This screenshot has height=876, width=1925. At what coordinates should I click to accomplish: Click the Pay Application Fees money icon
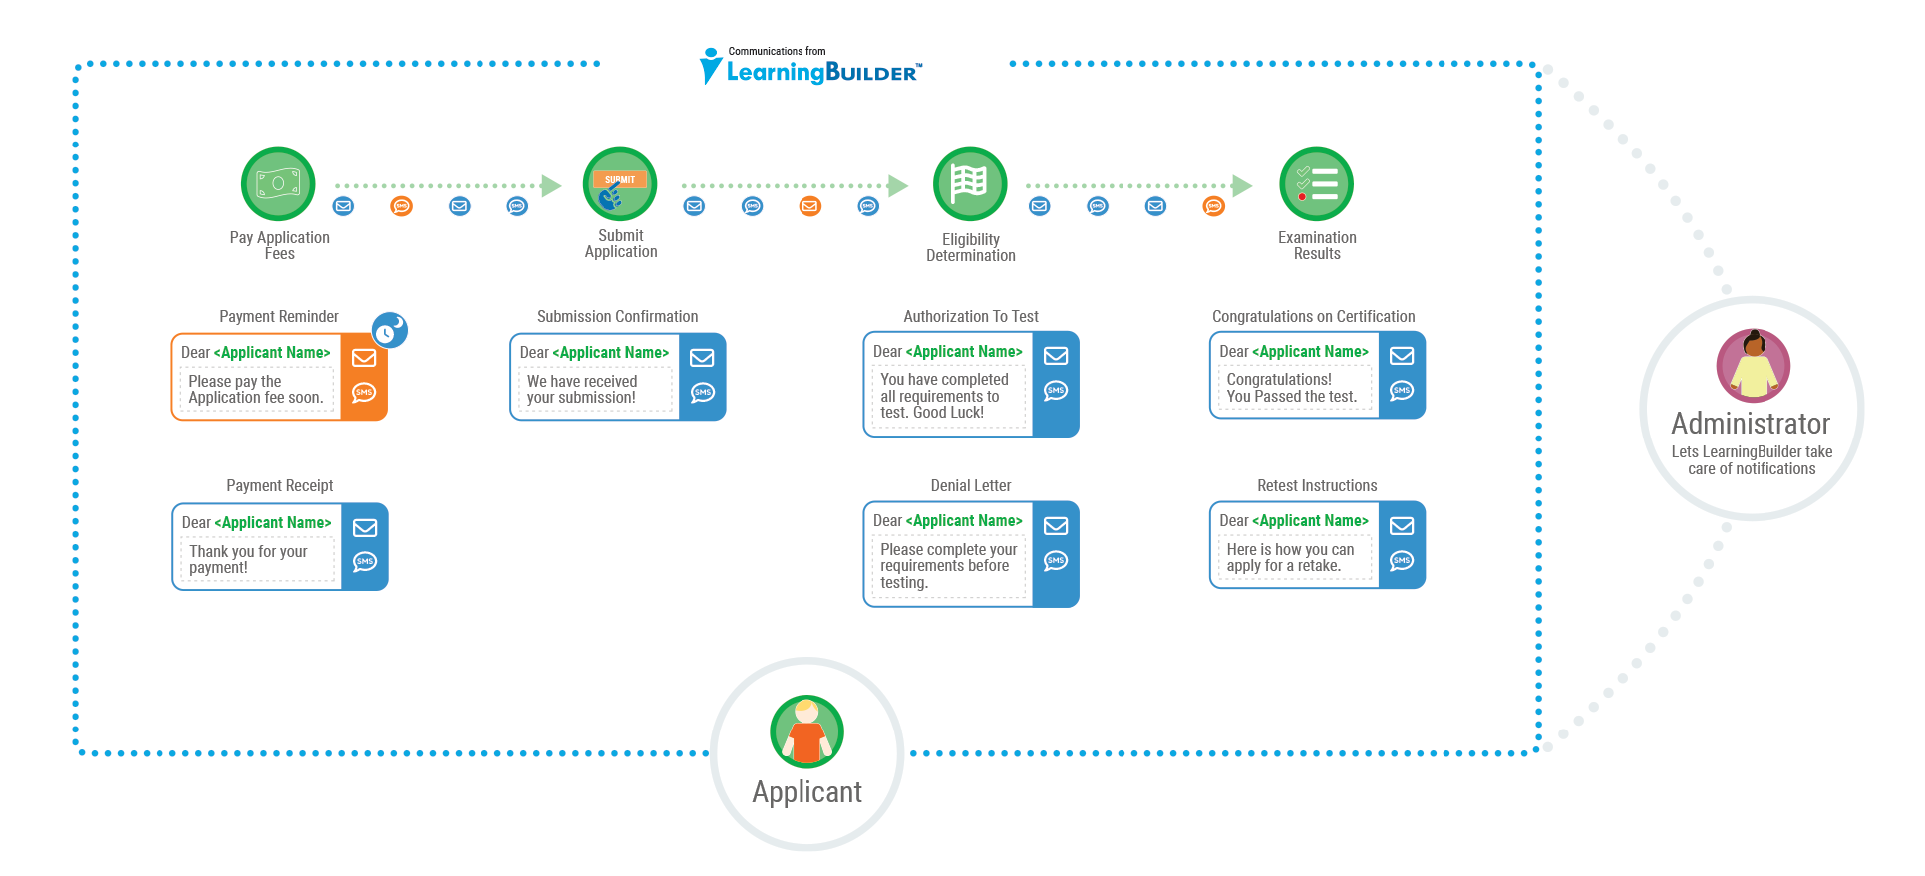tap(278, 184)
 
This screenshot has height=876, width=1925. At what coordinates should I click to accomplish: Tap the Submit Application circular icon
tap(620, 184)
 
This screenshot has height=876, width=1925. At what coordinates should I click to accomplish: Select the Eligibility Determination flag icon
tap(970, 184)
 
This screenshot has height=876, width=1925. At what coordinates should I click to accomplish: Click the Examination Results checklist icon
tap(1316, 184)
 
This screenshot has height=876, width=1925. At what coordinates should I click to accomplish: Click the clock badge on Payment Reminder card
tap(389, 330)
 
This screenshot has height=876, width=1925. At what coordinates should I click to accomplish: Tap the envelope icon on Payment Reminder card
tap(364, 358)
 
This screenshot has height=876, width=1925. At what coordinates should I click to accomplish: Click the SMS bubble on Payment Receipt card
tap(365, 562)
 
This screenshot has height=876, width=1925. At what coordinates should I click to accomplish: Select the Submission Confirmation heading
tap(617, 316)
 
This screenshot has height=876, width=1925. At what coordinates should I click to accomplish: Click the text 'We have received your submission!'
tap(582, 389)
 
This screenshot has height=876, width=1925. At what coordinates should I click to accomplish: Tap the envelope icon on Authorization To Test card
tap(1056, 356)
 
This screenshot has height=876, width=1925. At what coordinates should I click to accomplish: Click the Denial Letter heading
tap(970, 485)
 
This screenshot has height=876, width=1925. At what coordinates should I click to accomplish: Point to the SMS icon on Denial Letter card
tap(1056, 561)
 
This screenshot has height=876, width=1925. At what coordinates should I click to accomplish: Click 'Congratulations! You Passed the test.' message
tap(1291, 388)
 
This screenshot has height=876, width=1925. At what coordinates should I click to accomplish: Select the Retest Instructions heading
tap(1316, 485)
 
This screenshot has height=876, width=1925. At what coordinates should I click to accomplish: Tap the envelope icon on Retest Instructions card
tap(1402, 526)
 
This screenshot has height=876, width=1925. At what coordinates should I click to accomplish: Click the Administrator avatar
tap(1753, 366)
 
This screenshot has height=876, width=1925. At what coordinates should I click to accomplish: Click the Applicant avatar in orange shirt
tap(806, 731)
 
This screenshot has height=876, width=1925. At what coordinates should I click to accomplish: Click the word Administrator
tap(1751, 424)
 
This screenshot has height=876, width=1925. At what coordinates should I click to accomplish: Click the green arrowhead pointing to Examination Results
tap(1242, 185)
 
